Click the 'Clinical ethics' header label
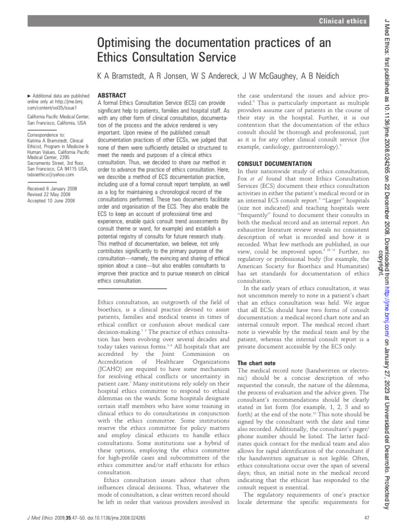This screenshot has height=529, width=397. click(x=343, y=21)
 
